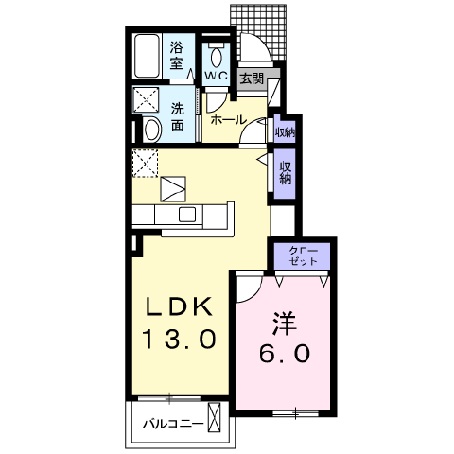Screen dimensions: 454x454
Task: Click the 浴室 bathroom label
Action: (177, 56)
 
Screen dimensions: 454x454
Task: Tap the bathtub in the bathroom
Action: (147, 56)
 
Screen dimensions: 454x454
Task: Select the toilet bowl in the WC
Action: (217, 56)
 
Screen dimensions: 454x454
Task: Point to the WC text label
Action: (217, 76)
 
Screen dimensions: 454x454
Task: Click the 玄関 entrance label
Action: (252, 79)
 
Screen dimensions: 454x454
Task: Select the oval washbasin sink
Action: (152, 130)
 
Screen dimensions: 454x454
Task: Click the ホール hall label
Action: (228, 120)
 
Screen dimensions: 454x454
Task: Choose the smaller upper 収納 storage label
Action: (285, 132)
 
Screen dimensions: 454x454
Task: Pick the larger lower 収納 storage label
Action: (285, 173)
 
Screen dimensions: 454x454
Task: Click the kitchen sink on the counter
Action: (187, 215)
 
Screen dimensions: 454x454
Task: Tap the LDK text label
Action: (179, 306)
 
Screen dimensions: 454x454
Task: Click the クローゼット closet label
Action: (303, 256)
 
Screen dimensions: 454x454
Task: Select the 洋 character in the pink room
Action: (285, 323)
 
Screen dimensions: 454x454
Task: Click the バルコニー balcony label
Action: (173, 424)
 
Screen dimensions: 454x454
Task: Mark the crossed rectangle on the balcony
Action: (215, 417)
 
